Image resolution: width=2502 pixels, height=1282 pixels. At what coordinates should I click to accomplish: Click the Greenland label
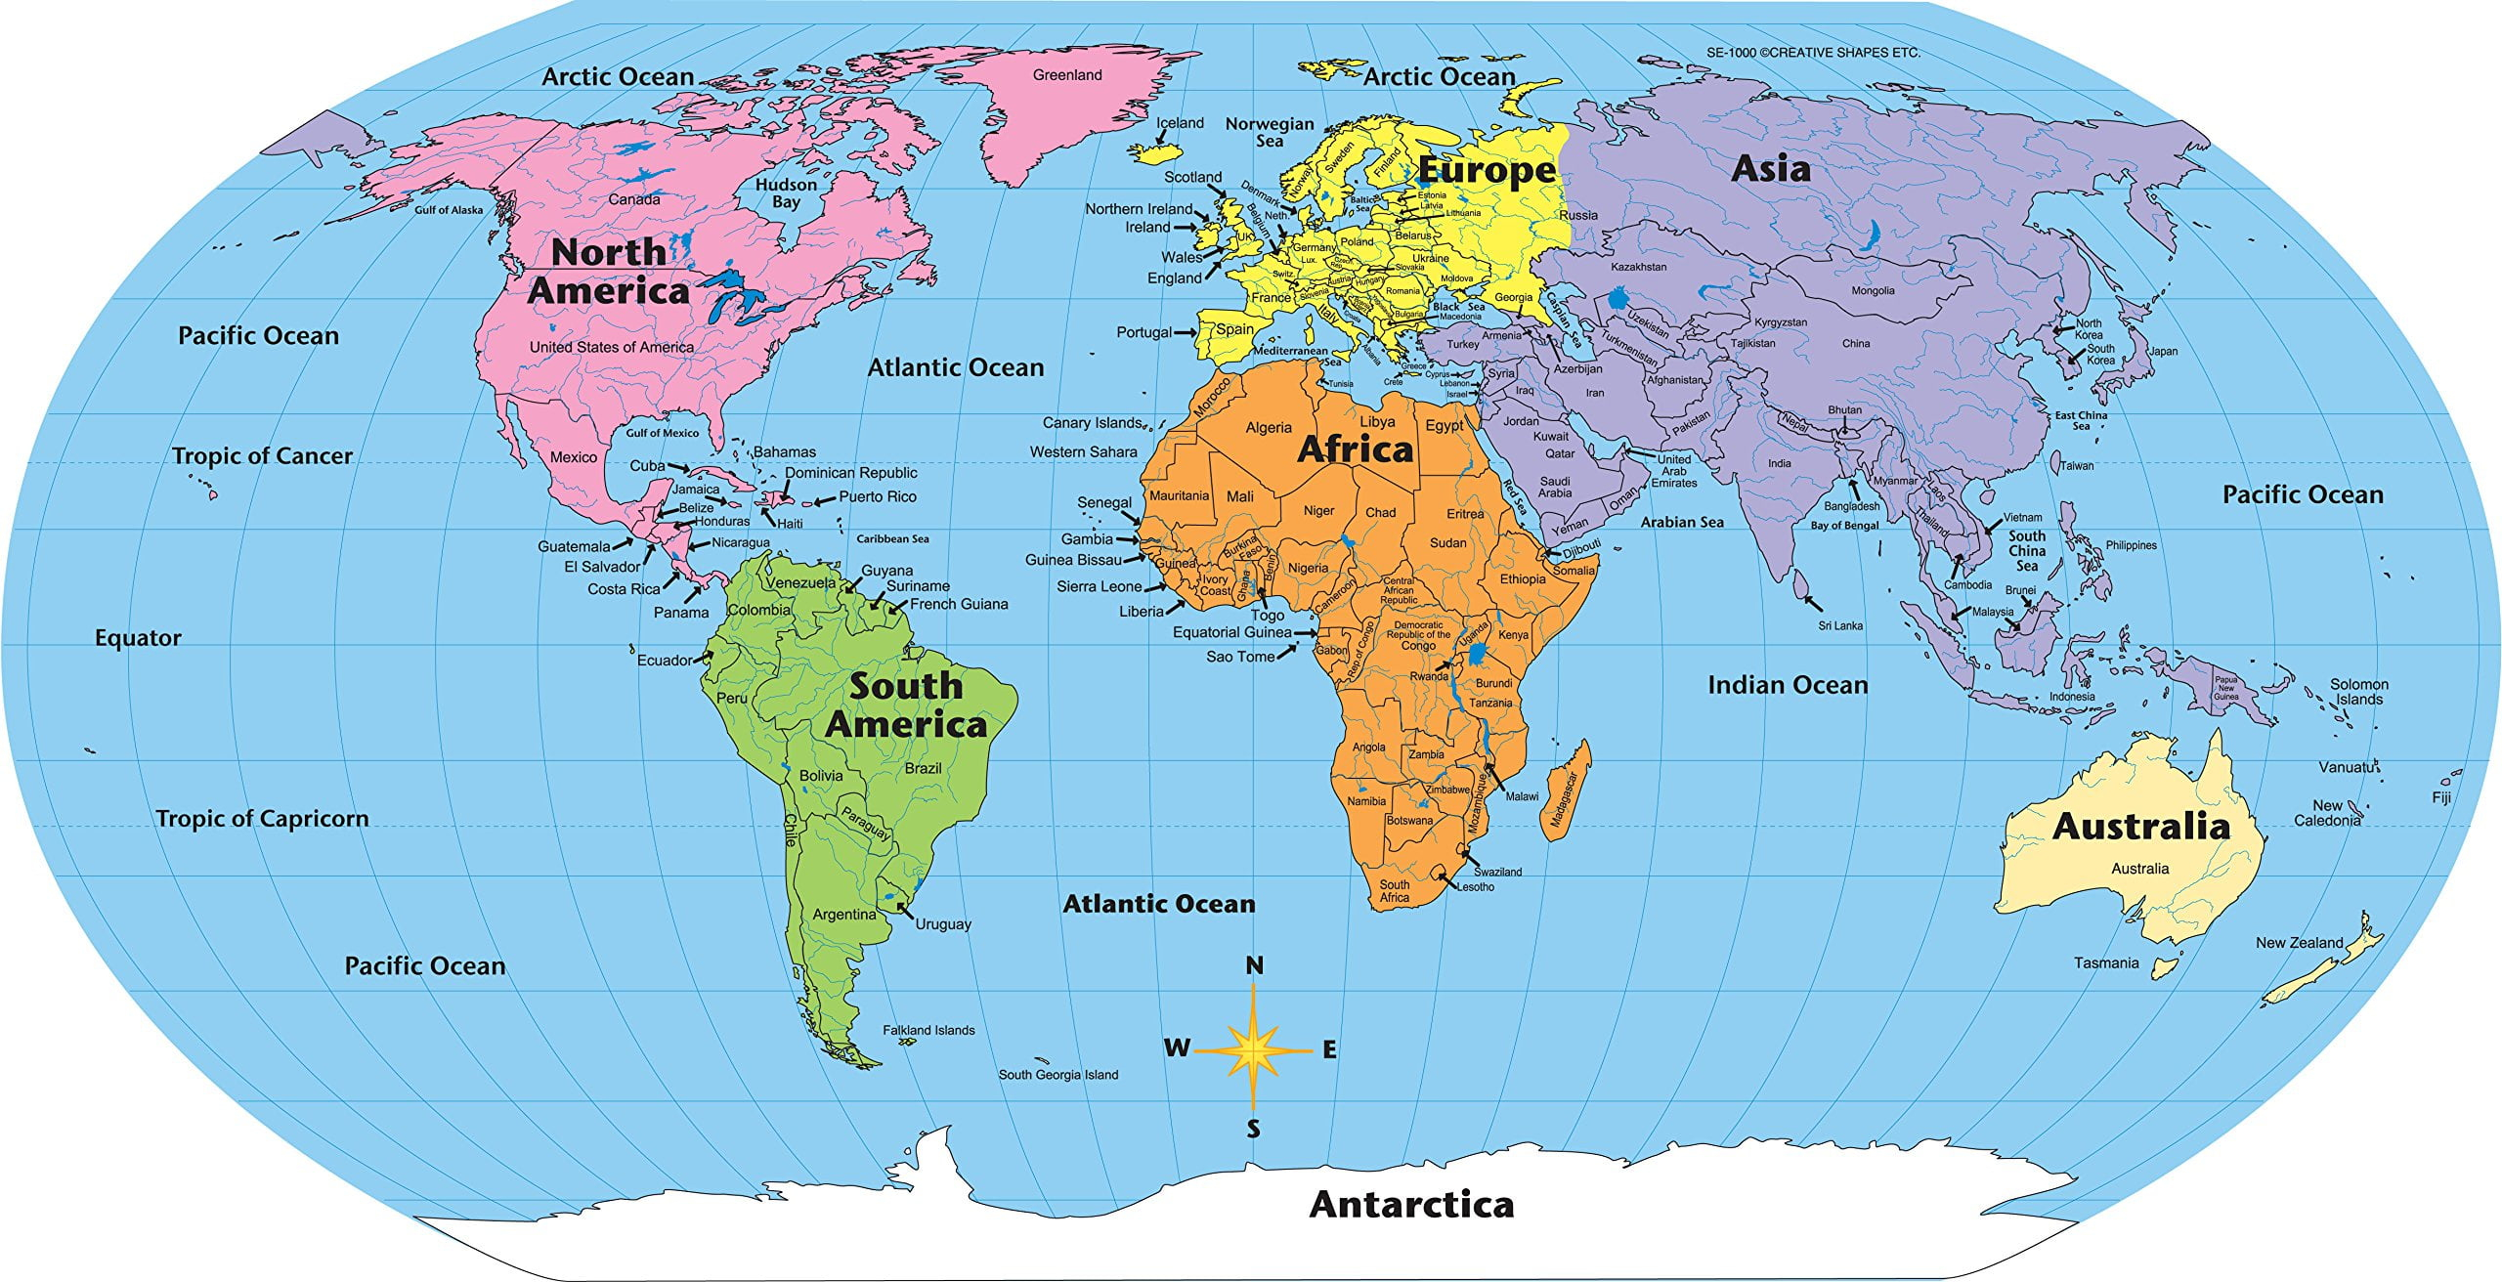1067,75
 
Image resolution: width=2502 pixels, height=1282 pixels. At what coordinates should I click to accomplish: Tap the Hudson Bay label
786,193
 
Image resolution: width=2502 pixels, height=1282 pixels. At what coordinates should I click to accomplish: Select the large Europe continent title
1487,170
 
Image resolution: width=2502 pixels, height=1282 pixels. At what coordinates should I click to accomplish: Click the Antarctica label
1411,1204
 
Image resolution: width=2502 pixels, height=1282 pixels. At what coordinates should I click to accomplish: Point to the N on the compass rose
1254,965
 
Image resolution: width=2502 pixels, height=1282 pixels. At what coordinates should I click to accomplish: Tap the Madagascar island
1567,791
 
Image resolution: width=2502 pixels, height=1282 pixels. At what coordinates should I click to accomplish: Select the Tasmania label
2106,962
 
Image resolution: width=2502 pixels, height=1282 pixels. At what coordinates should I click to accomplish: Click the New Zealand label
2299,943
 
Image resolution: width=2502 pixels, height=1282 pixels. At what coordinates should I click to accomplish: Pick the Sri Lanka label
1840,625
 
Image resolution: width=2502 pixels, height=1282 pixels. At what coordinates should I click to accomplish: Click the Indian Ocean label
1787,685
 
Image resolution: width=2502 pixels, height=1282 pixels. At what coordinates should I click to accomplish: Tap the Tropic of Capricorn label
262,819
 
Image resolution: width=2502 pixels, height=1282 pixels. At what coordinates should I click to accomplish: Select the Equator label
138,638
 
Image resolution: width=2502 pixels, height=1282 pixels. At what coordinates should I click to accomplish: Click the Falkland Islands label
928,1030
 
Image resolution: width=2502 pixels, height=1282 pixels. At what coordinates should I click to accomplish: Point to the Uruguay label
942,923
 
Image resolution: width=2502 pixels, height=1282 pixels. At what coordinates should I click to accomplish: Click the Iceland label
1180,123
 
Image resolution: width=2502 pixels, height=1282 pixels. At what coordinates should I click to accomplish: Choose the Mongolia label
1873,290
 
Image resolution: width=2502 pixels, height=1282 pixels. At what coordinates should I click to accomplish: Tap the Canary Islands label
1092,423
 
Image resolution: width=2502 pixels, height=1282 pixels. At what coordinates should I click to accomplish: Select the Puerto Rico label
878,496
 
